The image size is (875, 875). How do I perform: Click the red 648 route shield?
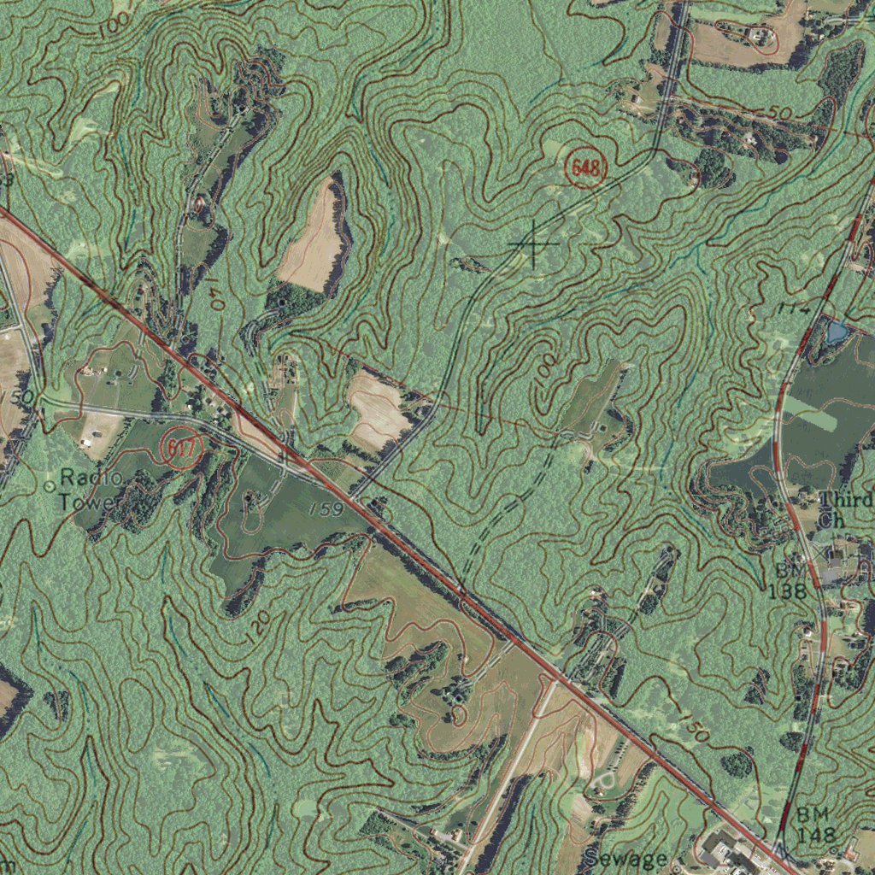[x=586, y=168]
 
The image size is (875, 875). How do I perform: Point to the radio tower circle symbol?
[x=49, y=485]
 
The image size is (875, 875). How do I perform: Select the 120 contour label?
[x=261, y=627]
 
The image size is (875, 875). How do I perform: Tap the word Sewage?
[x=625, y=859]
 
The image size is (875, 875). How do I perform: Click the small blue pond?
[x=835, y=332]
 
